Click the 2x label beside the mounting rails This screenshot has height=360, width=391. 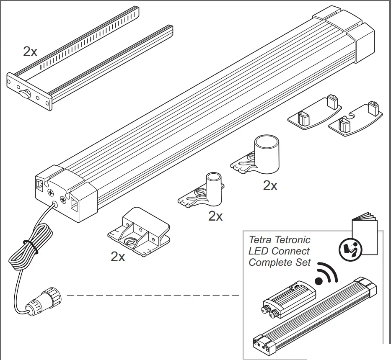(x=30, y=51)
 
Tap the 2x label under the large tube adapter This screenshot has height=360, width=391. (x=270, y=185)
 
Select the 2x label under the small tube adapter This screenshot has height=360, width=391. (x=215, y=216)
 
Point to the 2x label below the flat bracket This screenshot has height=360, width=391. (x=118, y=257)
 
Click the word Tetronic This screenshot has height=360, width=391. (x=293, y=240)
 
